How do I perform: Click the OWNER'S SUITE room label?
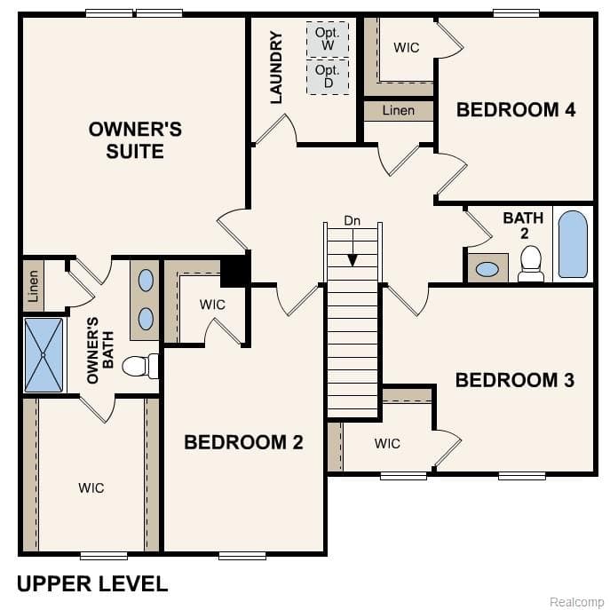click(x=135, y=140)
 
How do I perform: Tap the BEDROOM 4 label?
click(x=516, y=110)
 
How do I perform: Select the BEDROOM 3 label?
click(x=515, y=380)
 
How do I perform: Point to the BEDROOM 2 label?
click(x=243, y=442)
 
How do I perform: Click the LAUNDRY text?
click(x=276, y=67)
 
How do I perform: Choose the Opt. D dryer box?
click(x=328, y=76)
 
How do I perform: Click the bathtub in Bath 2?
click(x=573, y=244)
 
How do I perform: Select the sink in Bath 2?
click(x=486, y=268)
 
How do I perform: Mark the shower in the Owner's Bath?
click(x=44, y=355)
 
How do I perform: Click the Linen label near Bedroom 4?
click(x=398, y=111)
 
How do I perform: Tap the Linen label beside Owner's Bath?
click(x=33, y=286)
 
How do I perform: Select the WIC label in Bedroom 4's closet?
click(x=406, y=47)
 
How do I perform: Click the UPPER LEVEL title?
click(x=92, y=583)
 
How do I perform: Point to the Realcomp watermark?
click(x=576, y=602)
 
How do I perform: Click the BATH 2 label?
click(x=523, y=226)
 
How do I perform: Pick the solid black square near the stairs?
click(x=234, y=271)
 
